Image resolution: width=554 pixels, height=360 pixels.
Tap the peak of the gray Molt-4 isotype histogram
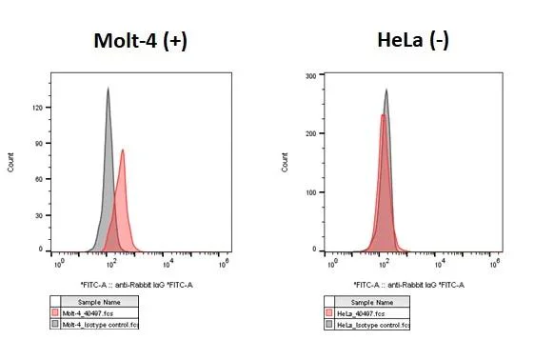click(x=109, y=89)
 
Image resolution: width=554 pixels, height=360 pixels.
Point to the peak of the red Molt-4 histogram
click(x=122, y=150)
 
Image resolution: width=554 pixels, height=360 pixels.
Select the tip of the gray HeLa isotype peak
click(x=386, y=90)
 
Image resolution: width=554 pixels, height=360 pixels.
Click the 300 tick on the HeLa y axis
click(x=309, y=75)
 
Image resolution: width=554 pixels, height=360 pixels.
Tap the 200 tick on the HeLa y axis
click(x=309, y=133)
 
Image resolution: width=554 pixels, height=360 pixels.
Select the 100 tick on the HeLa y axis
click(x=309, y=192)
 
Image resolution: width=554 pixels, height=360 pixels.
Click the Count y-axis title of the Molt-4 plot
click(x=11, y=162)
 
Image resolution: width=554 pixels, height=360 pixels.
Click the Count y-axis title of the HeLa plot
click(x=285, y=162)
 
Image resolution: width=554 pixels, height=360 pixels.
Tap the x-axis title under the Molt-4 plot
click(x=137, y=285)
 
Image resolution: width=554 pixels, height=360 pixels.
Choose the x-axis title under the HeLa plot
click(x=408, y=285)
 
